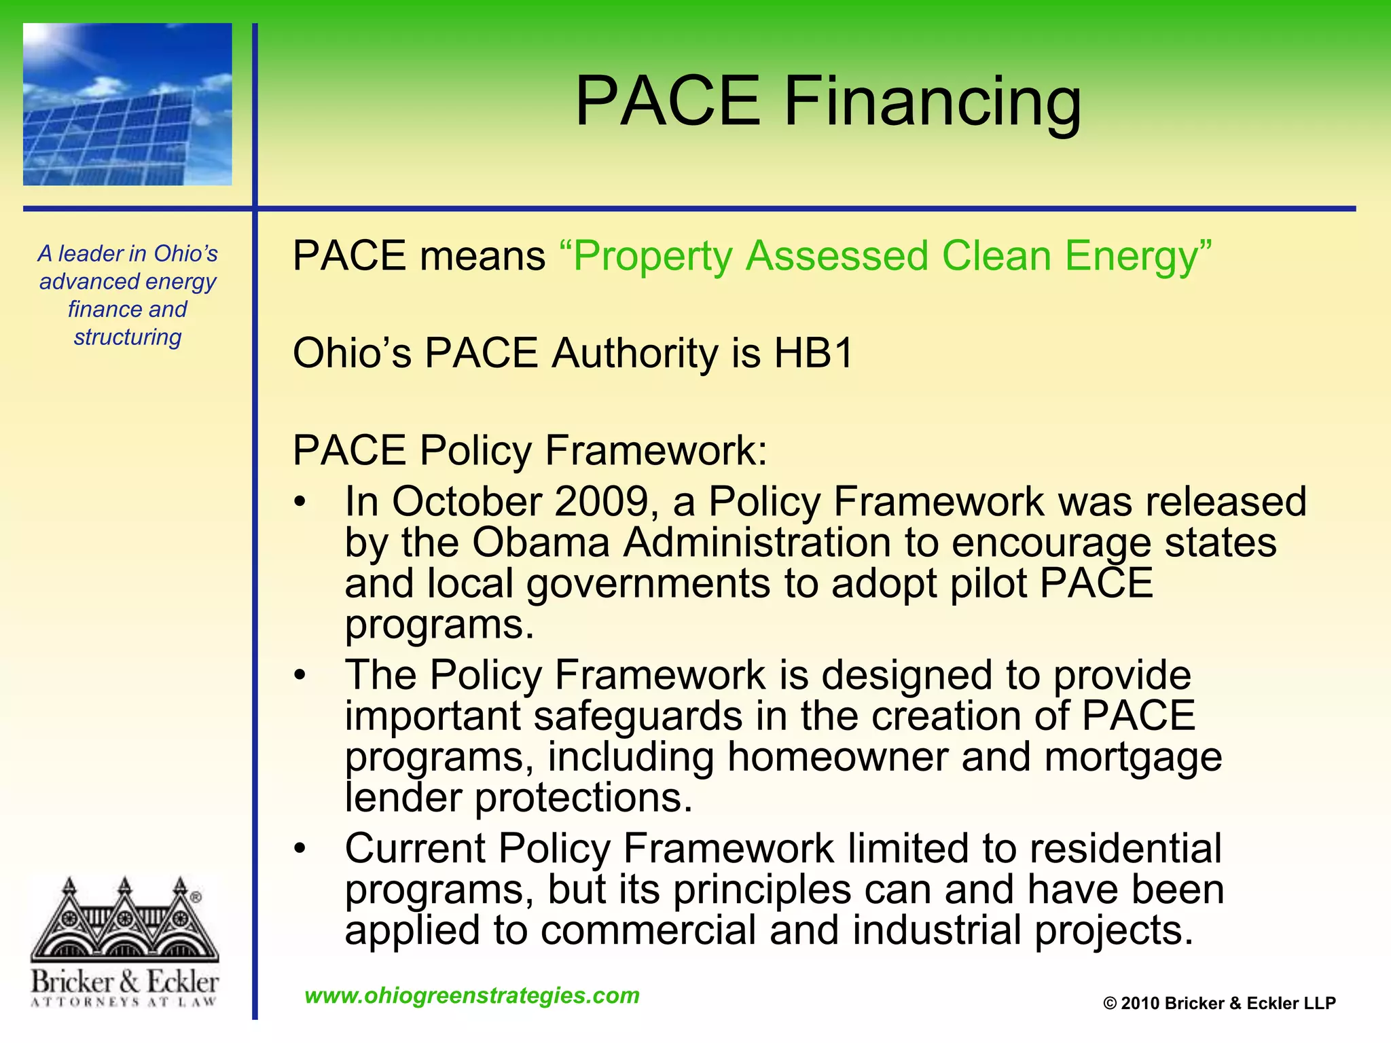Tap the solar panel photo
[x=127, y=104]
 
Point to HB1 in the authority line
[x=813, y=354]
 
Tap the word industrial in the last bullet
[x=937, y=930]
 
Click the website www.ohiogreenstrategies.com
[x=472, y=995]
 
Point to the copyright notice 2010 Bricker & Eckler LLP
[x=1219, y=1004]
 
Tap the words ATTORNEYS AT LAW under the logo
[x=124, y=1002]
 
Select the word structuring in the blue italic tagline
[x=128, y=337]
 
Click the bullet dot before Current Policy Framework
[x=300, y=849]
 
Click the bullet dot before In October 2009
[x=300, y=502]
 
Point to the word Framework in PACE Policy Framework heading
[x=655, y=450]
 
